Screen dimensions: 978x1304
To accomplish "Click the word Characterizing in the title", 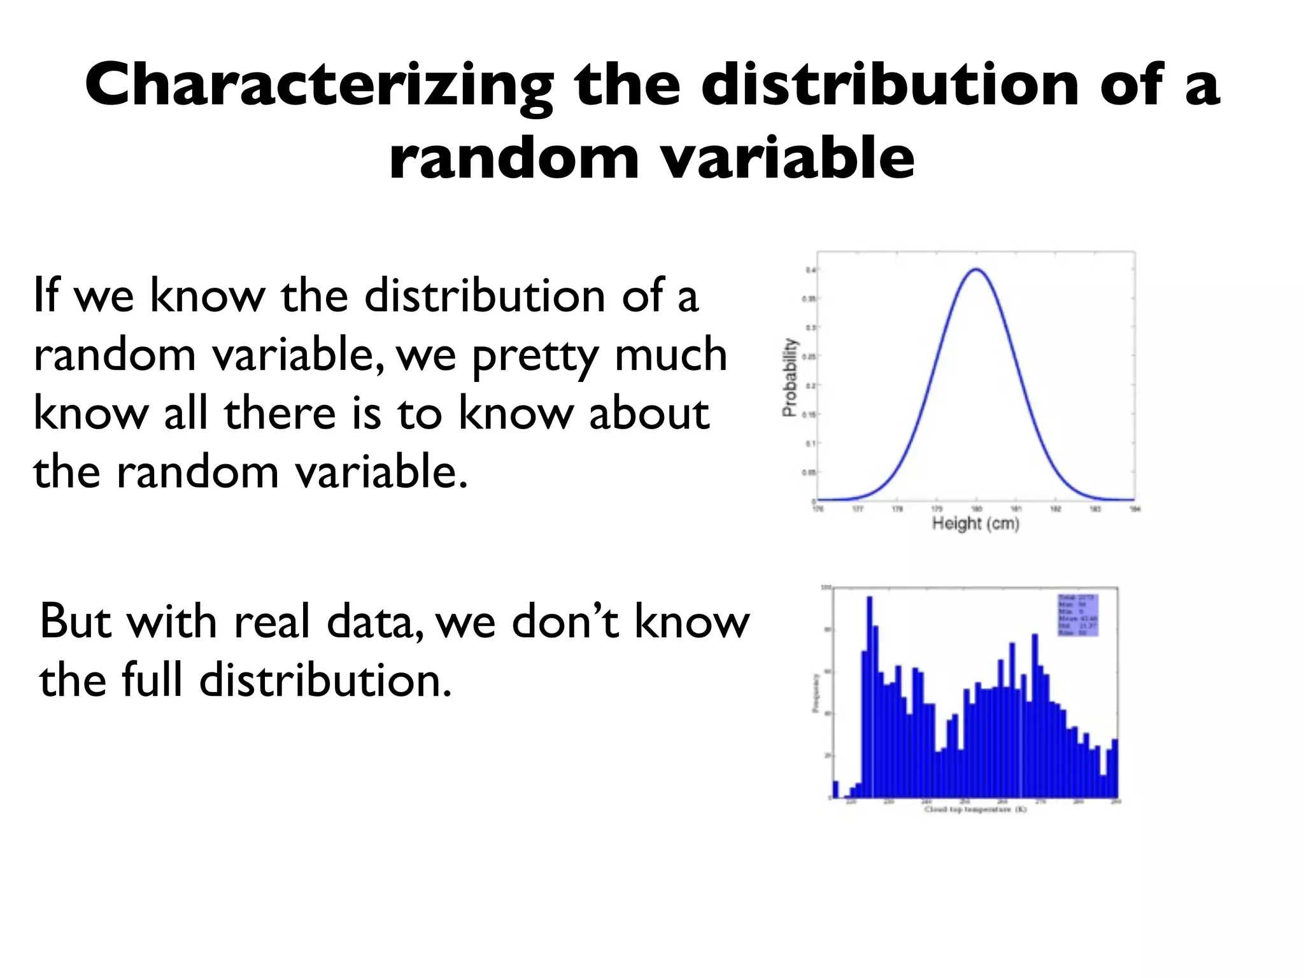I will point(318,86).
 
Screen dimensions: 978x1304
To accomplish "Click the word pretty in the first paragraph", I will point(535,356).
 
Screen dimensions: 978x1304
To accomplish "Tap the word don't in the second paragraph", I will point(564,621).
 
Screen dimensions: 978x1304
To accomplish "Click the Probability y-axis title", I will point(790,378).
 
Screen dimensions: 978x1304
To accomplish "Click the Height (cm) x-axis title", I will point(975,524).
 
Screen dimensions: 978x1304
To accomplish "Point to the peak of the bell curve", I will point(976,269).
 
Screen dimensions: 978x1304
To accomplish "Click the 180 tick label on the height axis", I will point(976,509).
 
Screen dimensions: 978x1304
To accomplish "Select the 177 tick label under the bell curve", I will point(858,509).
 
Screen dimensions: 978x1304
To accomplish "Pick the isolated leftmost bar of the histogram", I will point(836,790).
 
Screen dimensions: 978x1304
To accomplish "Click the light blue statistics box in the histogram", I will point(1078,615).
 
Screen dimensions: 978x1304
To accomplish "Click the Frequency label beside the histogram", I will point(816,693).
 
